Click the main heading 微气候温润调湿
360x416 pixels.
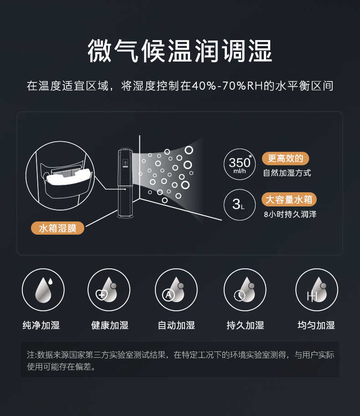[x=180, y=51]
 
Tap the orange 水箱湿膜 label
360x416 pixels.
[x=57, y=228]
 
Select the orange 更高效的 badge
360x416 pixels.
[x=285, y=159]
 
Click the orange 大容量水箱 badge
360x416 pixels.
[x=289, y=200]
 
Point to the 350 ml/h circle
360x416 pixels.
[x=240, y=164]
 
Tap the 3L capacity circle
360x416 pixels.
[x=240, y=205]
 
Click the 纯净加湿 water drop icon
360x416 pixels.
[x=43, y=290]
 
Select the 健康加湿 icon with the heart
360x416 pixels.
[x=109, y=290]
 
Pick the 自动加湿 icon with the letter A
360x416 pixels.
[x=176, y=290]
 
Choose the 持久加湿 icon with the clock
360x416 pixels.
[x=245, y=290]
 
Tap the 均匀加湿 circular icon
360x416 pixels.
[x=317, y=290]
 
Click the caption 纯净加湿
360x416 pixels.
[x=41, y=325]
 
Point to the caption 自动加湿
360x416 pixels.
[x=176, y=325]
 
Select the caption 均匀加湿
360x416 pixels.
[x=316, y=325]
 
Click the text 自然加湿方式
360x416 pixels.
[x=287, y=173]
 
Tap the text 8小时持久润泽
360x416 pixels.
[x=290, y=214]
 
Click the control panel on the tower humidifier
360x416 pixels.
[x=125, y=163]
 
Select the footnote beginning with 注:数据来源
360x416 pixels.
[x=180, y=360]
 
